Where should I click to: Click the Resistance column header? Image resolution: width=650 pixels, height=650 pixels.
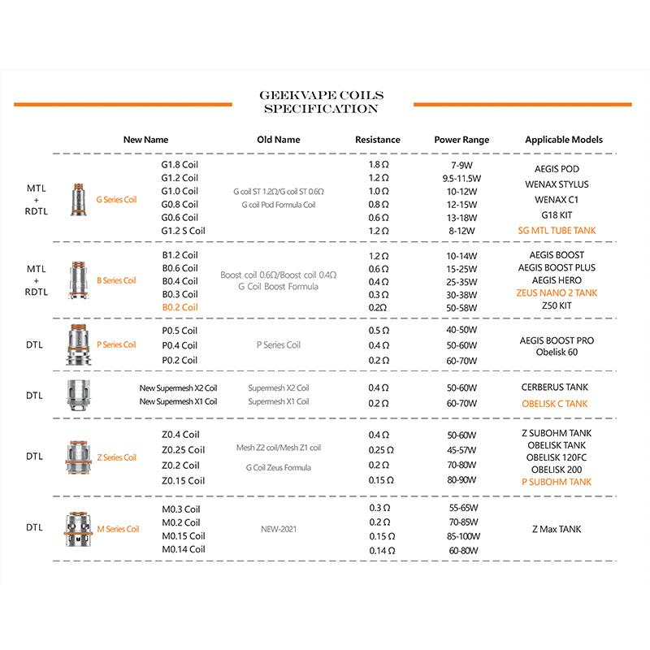tap(378, 140)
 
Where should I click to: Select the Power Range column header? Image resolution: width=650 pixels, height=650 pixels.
tap(461, 140)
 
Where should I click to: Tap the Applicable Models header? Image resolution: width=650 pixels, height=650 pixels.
tap(564, 140)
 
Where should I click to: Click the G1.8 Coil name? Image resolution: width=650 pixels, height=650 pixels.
tap(180, 165)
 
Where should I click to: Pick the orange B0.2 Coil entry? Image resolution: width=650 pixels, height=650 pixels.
tap(180, 307)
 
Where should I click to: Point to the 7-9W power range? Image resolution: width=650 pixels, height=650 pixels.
tap(461, 165)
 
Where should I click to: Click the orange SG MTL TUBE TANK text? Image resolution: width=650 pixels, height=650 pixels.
tap(557, 231)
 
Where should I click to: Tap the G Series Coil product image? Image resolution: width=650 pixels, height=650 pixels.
tap(79, 199)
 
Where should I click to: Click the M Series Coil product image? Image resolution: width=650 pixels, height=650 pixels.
tap(79, 529)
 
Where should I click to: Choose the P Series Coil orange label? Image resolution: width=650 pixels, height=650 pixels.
tap(116, 345)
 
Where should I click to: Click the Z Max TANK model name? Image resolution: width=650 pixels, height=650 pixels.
tap(557, 530)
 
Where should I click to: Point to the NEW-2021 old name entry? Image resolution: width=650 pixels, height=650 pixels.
tap(278, 529)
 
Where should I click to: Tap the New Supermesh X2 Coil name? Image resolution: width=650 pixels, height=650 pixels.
tap(178, 388)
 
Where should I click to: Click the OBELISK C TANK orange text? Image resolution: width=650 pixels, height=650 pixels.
tap(554, 404)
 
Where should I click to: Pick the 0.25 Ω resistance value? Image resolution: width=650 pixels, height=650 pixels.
tap(380, 450)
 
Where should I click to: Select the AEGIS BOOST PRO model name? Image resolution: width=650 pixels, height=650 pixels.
tap(557, 340)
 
